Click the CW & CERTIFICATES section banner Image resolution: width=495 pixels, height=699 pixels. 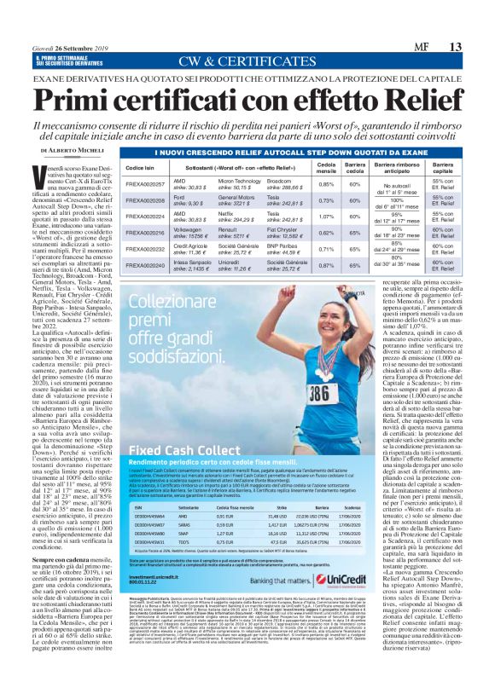247,61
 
